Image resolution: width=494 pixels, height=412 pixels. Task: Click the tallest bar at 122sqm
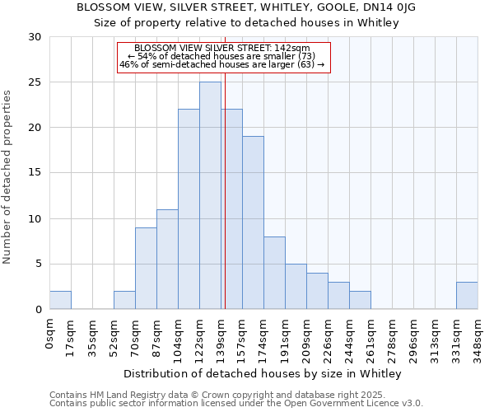click(x=210, y=195)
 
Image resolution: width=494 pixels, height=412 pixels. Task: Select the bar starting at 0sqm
click(x=60, y=300)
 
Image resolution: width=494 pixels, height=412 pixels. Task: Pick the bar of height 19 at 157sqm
click(x=253, y=222)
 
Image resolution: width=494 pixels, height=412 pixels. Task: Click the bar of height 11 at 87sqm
click(x=167, y=259)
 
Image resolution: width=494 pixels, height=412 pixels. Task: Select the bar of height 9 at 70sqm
click(x=146, y=268)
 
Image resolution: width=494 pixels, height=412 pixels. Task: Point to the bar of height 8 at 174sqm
click(x=274, y=273)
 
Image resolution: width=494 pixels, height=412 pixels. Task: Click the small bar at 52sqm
click(x=124, y=300)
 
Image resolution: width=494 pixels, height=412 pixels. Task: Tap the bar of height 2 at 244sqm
click(x=360, y=300)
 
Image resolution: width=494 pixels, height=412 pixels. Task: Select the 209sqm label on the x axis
click(x=306, y=339)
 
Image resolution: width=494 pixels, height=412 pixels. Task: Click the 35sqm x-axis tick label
click(x=92, y=337)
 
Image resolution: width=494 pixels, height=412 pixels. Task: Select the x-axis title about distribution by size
click(x=263, y=374)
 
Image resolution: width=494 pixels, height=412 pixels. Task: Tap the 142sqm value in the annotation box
click(x=294, y=49)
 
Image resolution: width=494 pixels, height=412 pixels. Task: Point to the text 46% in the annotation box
click(x=128, y=64)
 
